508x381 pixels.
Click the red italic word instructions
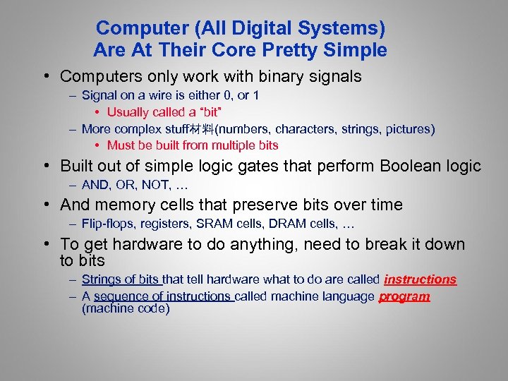tap(420, 280)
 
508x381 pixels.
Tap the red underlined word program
tap(404, 296)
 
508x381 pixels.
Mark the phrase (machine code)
tap(126, 309)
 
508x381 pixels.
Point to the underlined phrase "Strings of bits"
tap(121, 280)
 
